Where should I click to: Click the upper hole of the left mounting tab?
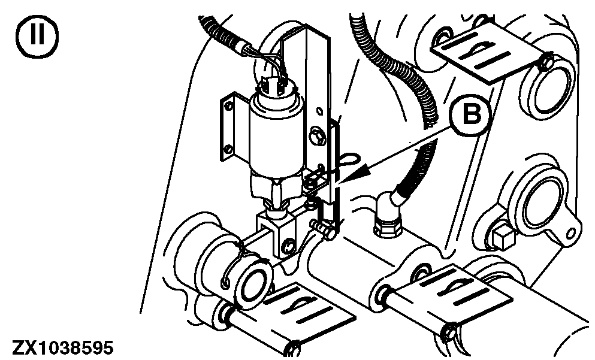tap(228, 108)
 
